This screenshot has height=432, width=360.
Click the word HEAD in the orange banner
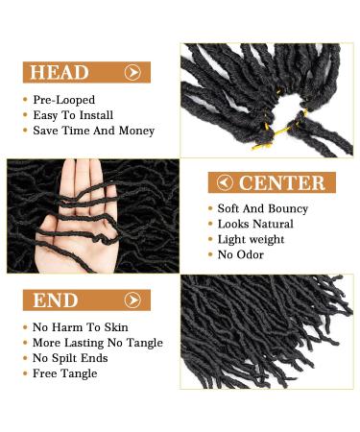[x=60, y=72]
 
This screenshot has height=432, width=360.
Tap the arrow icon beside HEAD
[x=133, y=72]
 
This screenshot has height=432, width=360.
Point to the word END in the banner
[x=56, y=300]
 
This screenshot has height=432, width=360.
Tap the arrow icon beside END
[x=132, y=300]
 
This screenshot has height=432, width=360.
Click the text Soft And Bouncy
[x=263, y=208]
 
